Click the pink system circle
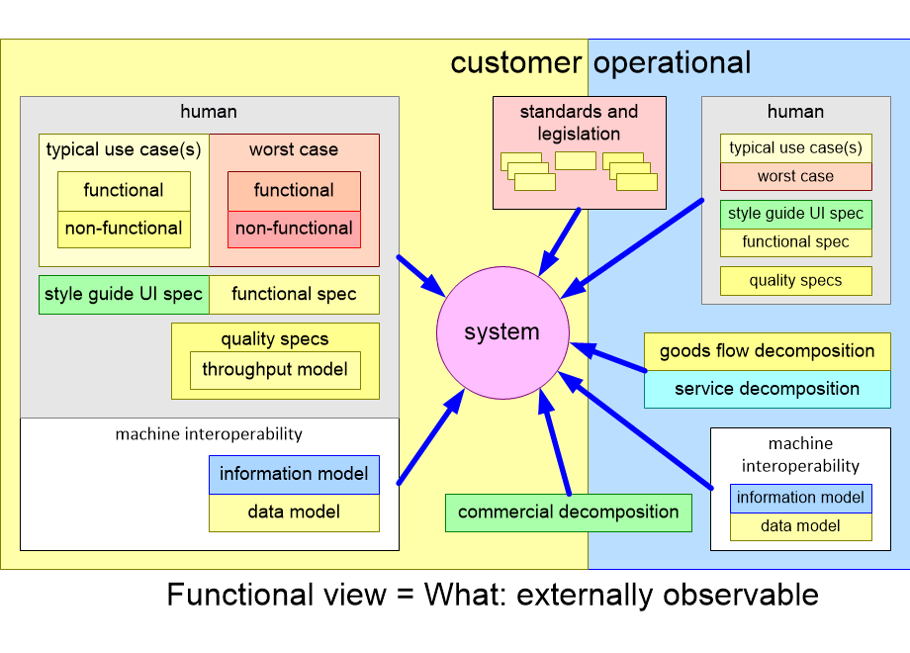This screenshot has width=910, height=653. click(x=502, y=332)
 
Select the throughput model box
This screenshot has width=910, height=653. click(x=275, y=370)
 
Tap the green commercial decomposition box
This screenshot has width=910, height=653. click(x=569, y=513)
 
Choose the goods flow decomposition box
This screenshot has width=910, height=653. click(x=768, y=351)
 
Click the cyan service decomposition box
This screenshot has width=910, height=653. click(x=768, y=389)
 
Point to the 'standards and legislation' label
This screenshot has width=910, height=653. click(x=580, y=123)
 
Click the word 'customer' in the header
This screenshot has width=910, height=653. click(x=515, y=63)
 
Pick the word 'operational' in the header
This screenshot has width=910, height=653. click(x=673, y=63)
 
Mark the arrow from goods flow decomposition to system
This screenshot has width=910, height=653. click(x=609, y=358)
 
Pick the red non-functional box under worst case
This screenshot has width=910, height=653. click(x=294, y=229)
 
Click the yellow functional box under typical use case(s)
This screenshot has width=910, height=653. click(x=124, y=191)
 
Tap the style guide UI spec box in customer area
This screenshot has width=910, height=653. click(x=124, y=295)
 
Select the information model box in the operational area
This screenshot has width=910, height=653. click(x=801, y=498)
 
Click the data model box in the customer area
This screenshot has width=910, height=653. click(x=294, y=512)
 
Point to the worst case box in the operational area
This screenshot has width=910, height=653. click(x=796, y=177)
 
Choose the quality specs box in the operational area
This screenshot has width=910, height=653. click(x=796, y=281)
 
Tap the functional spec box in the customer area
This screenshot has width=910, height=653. click(x=294, y=295)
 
